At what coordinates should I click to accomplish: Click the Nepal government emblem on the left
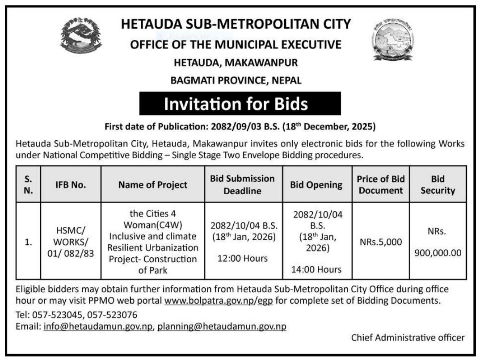(x=81, y=40)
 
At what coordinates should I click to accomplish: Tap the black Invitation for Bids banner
(x=236, y=104)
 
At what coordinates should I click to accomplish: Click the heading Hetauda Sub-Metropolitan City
(x=236, y=24)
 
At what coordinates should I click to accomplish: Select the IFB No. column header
(x=71, y=184)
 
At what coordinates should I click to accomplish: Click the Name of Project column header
(x=153, y=184)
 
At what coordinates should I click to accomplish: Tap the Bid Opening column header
(x=316, y=184)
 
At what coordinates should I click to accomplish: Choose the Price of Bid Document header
(x=380, y=184)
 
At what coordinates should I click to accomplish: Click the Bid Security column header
(x=438, y=184)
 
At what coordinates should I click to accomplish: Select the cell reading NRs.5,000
(x=380, y=242)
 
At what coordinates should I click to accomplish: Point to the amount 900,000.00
(x=438, y=253)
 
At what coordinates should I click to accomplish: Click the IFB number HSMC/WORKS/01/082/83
(x=71, y=242)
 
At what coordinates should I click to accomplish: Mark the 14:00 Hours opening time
(x=316, y=269)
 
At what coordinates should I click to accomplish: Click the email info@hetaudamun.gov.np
(x=98, y=326)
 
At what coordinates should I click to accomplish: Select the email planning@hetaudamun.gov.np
(x=222, y=326)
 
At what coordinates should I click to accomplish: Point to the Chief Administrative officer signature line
(x=408, y=338)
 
